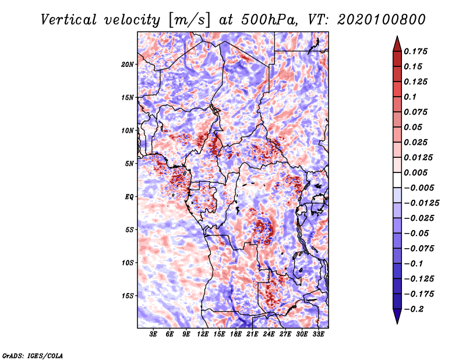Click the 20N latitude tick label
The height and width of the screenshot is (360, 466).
pos(128,65)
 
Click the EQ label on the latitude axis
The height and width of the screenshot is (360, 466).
pos(129,197)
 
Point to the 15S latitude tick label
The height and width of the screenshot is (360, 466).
pos(128,296)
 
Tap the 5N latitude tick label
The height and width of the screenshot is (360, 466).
pos(129,164)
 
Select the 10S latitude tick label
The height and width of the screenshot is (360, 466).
pos(128,263)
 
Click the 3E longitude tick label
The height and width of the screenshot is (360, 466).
pos(153,334)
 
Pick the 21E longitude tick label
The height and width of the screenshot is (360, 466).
pos(252,334)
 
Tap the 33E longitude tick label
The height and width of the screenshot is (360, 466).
pos(318,334)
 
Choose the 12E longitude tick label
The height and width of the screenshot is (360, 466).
pos(202,334)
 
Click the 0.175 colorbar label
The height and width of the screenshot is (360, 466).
pos(415,51)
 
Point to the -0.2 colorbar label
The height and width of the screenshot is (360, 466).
pos(414,309)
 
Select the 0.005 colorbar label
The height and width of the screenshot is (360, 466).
pos(415,172)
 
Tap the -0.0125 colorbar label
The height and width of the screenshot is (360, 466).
pos(421,203)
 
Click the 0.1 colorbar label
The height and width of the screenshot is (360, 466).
pos(410,97)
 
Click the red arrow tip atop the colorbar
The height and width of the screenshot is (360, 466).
pos(397,36)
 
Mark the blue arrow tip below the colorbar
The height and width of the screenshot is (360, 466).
pos(397,324)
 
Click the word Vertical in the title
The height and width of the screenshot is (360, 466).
pos(69,20)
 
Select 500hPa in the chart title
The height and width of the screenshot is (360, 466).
pos(269,20)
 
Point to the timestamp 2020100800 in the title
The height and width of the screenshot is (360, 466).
pos(381,20)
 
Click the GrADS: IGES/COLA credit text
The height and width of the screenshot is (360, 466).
pos(33,356)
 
